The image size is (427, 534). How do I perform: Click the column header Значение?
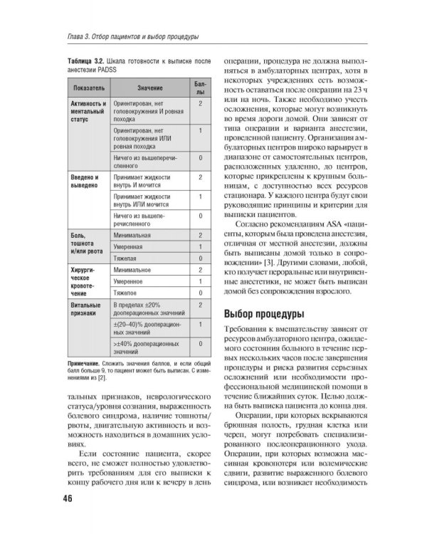coord(149,88)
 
